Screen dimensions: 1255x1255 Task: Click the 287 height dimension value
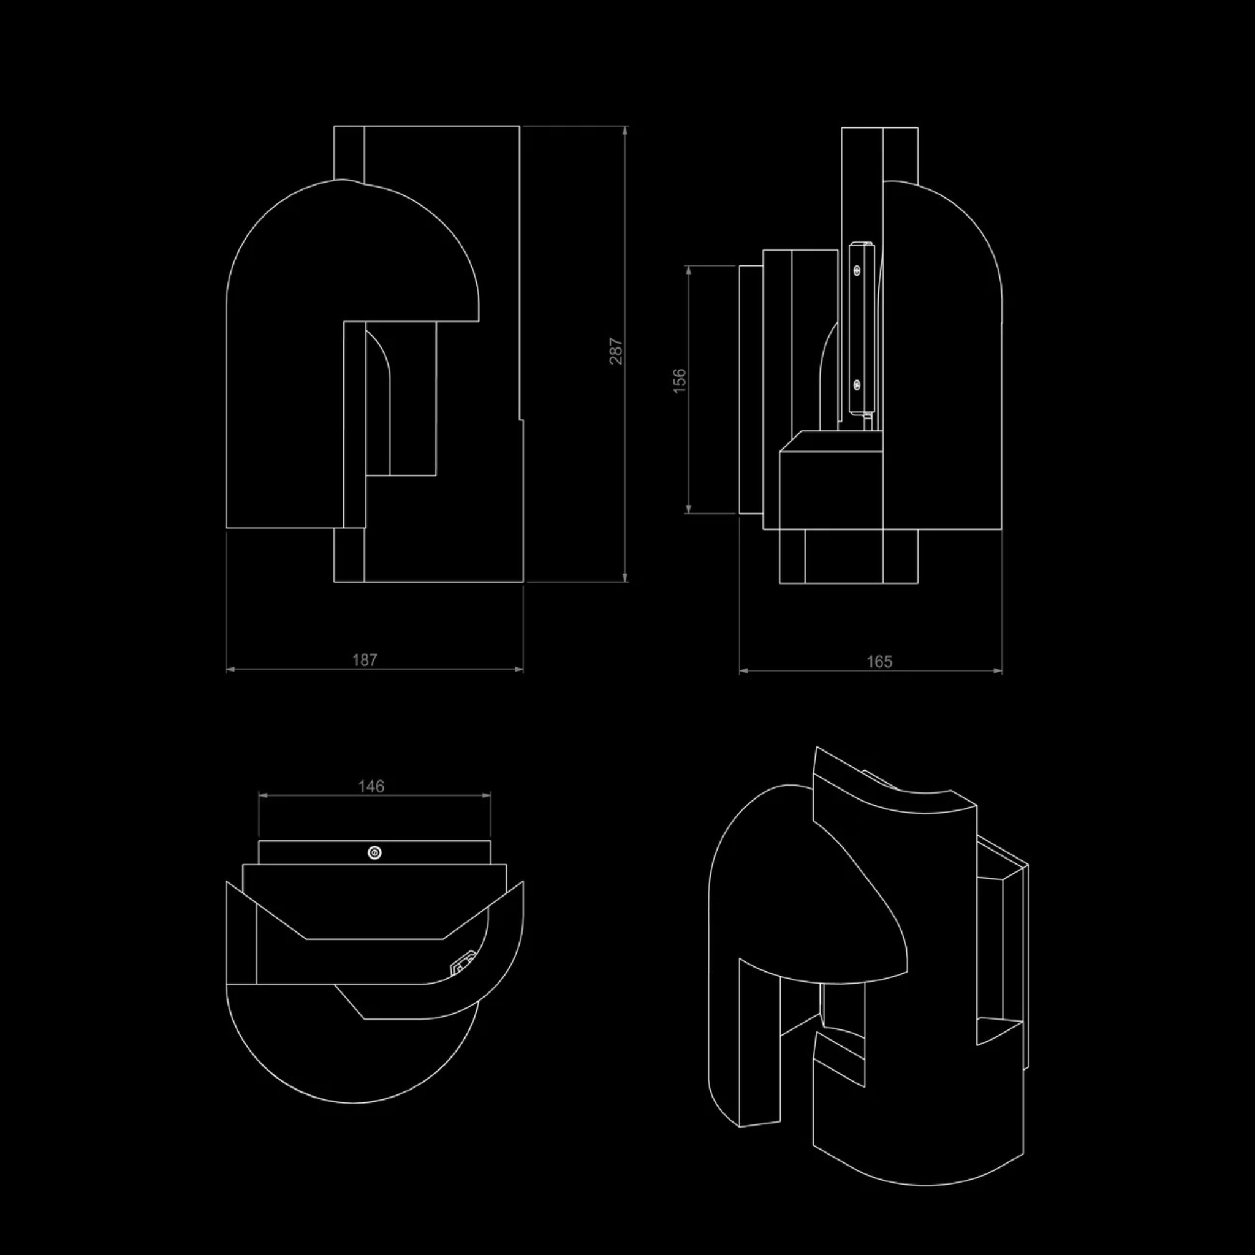615,351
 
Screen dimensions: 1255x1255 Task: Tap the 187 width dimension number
365,660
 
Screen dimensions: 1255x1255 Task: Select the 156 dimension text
679,381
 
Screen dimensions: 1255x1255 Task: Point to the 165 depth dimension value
879,661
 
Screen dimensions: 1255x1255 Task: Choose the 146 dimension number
371,786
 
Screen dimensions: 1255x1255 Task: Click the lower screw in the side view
857,385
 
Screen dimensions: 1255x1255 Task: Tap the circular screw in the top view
374,852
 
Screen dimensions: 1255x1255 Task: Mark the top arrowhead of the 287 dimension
625,131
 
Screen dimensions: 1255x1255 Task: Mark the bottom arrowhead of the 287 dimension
625,577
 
